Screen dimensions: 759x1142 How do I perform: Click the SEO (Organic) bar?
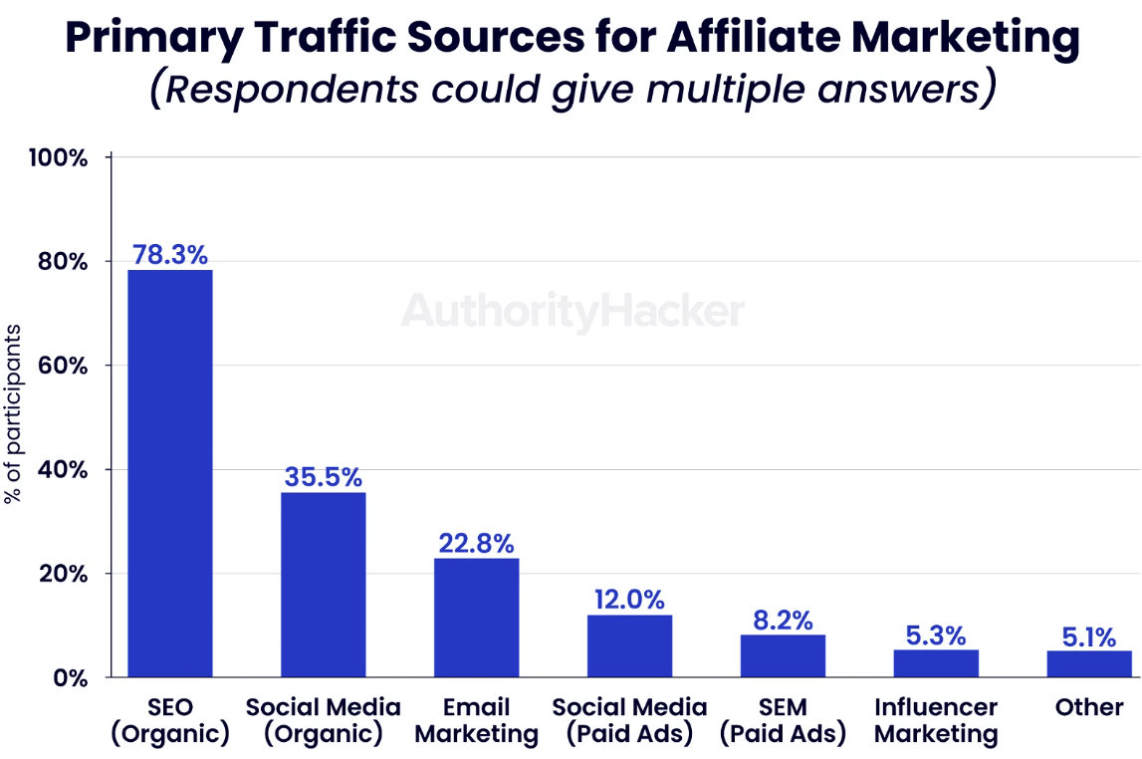click(169, 473)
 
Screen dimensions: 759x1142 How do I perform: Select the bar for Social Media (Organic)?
click(323, 585)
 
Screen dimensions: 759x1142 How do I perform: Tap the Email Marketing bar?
click(476, 618)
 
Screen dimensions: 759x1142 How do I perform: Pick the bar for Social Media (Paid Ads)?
click(629, 645)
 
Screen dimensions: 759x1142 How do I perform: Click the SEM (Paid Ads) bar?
click(783, 655)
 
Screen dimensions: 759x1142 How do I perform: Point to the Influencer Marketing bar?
click(936, 663)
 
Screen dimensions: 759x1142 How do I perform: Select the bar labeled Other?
click(1089, 663)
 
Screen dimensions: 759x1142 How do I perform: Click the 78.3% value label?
click(169, 254)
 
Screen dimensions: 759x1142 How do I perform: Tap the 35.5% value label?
click(323, 477)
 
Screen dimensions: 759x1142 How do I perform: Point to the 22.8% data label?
click(476, 544)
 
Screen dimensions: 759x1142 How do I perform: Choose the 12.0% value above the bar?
click(629, 600)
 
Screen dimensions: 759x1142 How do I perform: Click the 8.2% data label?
click(783, 620)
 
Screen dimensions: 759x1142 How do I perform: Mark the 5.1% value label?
click(1089, 636)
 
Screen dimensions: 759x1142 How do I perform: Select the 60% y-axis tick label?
click(65, 366)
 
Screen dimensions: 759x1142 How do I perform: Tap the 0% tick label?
click(72, 677)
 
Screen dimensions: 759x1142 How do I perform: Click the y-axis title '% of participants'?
click(13, 413)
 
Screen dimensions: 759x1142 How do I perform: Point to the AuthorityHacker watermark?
click(572, 312)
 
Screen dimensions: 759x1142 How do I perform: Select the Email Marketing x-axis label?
click(476, 721)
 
